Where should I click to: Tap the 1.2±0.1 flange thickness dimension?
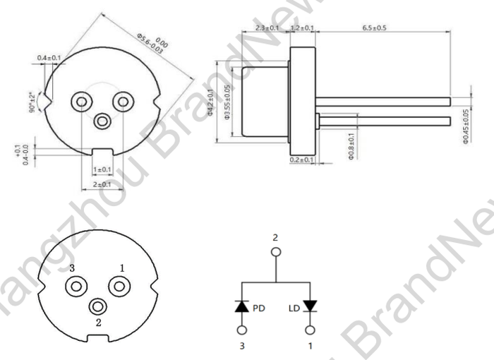pyautogui.click(x=302, y=28)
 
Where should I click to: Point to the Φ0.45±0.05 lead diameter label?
pyautogui.click(x=466, y=126)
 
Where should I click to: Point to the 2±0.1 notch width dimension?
pyautogui.click(x=102, y=184)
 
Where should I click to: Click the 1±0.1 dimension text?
pyautogui.click(x=102, y=170)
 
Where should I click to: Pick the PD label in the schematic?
pyautogui.click(x=258, y=308)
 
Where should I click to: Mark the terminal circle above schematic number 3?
pyautogui.click(x=242, y=330)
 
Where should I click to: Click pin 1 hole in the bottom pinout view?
pyautogui.click(x=119, y=286)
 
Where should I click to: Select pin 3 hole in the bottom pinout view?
pyautogui.click(x=76, y=286)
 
